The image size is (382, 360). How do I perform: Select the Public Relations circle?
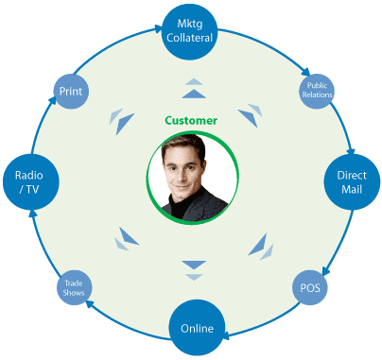[316, 92]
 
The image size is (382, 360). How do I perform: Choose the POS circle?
[308, 285]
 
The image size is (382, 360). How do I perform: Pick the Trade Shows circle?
[75, 285]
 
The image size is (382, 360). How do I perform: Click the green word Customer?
[191, 121]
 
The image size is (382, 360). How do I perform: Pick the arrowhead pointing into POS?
[326, 270]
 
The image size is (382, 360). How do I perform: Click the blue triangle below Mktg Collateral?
[192, 94]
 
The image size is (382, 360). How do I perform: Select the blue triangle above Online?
[193, 264]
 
